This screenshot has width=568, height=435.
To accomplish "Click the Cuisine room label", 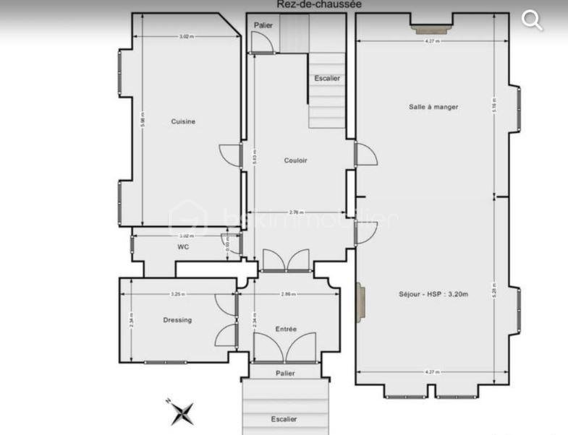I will pos(183,121).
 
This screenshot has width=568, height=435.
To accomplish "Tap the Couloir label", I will pos(295,160).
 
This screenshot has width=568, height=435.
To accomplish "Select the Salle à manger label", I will pos(433,107).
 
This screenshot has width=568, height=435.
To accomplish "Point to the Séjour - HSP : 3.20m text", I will pos(433,294).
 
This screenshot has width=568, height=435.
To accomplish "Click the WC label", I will pos(183,247).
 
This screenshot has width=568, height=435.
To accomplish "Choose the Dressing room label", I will pos(177,320).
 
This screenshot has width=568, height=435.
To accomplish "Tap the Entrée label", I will pos(286,330).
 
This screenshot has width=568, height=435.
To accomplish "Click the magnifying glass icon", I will pos(532,20).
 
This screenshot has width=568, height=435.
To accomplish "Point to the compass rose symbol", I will pos(182,413).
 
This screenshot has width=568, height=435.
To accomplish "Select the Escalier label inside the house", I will pos(327,78).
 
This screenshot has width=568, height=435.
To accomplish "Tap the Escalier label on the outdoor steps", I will pos(284,419).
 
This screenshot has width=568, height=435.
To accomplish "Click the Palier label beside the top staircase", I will pos(262,25).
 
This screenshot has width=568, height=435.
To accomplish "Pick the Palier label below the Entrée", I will pos(285,374).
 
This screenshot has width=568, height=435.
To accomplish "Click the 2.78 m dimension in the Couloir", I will pos(295,212).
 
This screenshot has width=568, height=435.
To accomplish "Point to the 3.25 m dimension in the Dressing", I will pos(177,294).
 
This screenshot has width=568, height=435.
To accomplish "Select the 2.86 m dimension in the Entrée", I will pos(288,294).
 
